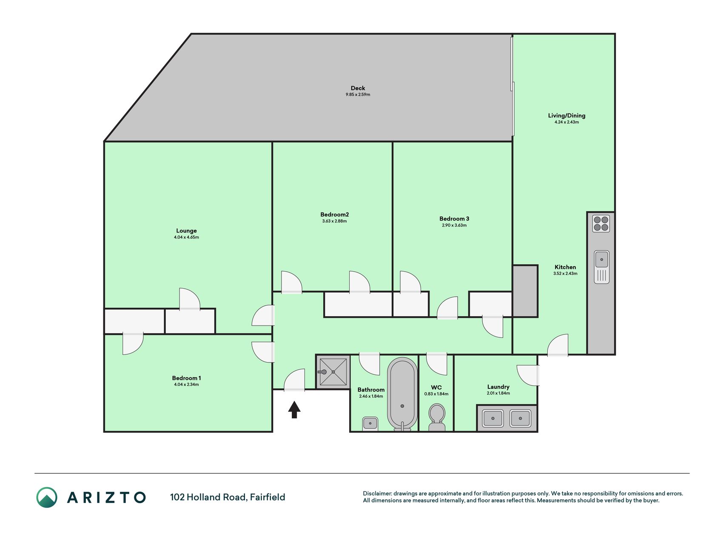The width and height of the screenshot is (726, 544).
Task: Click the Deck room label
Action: pyautogui.click(x=358, y=88)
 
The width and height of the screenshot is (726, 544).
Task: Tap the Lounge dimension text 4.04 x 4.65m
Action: pyautogui.click(x=186, y=237)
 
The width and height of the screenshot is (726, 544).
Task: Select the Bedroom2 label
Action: pyautogui.click(x=334, y=215)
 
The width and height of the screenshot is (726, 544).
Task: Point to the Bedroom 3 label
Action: pyautogui.click(x=454, y=219)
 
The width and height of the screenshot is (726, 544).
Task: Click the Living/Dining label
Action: pyautogui.click(x=567, y=116)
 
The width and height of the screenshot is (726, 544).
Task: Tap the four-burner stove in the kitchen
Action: pyautogui.click(x=601, y=224)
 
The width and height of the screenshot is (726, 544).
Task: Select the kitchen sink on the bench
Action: pyautogui.click(x=601, y=267)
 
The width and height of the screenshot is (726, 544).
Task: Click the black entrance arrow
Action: pyautogui.click(x=294, y=410)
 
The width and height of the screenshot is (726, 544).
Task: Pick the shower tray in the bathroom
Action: pyautogui.click(x=333, y=372)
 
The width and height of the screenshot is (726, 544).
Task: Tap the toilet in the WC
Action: pyautogui.click(x=437, y=417)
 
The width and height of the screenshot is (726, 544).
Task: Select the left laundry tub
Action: pyautogui.click(x=493, y=418)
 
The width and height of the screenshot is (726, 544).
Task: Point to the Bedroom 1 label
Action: pyautogui.click(x=186, y=378)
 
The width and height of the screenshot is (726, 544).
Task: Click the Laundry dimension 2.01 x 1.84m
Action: pyautogui.click(x=498, y=393)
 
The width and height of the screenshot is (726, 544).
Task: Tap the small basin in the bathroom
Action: pyautogui.click(x=370, y=424)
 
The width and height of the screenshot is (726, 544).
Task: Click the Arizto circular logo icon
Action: pyautogui.click(x=47, y=497)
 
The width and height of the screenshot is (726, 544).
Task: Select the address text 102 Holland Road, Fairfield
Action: pyautogui.click(x=228, y=497)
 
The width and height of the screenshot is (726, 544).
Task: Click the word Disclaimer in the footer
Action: pyautogui.click(x=377, y=493)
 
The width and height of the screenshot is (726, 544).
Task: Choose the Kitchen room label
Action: pyautogui.click(x=565, y=267)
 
